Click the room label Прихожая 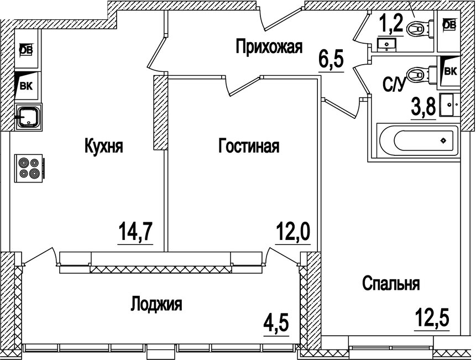(269, 47)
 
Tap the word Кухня (103, 147)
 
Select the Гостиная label (249, 147)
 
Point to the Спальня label (391, 284)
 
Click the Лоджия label (156, 304)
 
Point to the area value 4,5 (276, 322)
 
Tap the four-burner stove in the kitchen (29, 168)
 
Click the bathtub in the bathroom (417, 140)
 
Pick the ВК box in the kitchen (26, 85)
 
